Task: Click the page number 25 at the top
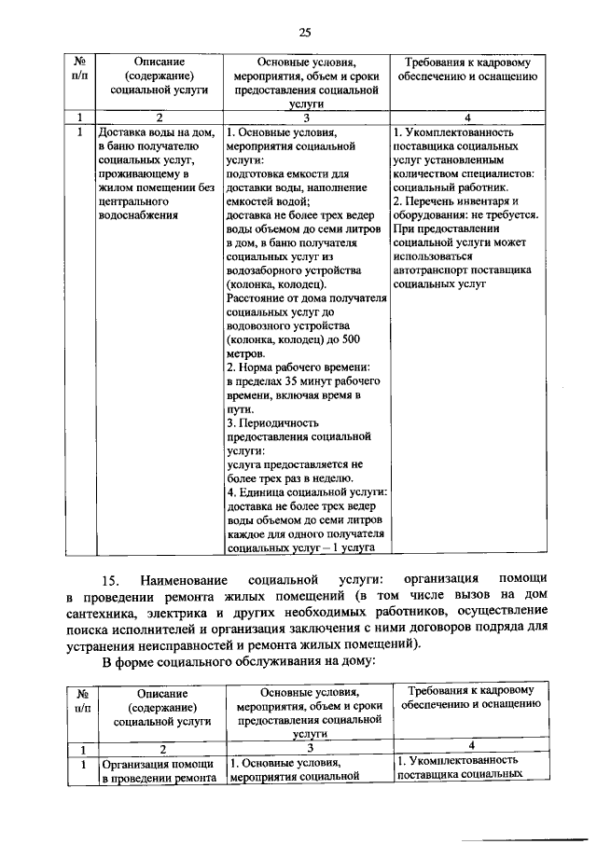tap(304, 34)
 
